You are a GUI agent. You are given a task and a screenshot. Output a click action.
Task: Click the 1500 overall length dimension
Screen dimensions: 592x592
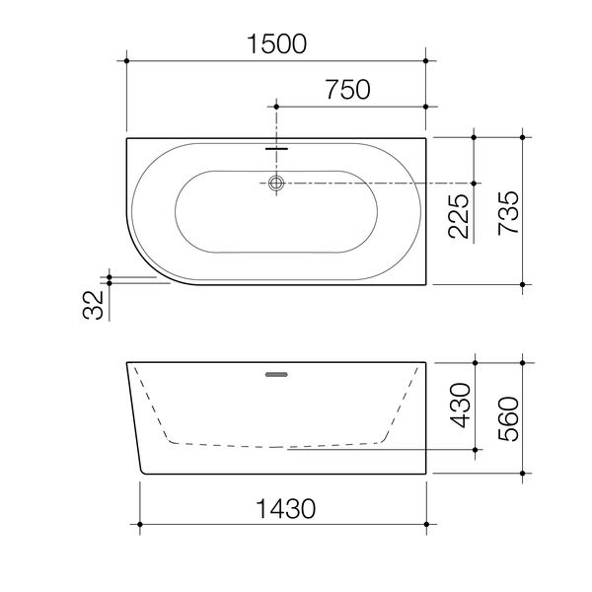pos(277,42)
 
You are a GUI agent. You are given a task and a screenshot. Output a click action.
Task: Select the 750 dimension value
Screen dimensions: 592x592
pos(345,90)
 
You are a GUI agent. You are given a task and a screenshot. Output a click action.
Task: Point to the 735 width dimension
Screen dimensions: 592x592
pos(507,209)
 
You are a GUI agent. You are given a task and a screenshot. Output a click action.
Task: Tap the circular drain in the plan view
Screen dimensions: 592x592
pos(277,183)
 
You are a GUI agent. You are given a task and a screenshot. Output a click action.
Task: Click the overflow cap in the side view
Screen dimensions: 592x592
pos(277,374)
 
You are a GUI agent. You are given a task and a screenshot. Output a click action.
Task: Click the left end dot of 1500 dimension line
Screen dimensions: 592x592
pos(127,61)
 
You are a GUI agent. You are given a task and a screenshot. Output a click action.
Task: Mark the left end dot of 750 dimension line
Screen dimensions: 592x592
pos(277,106)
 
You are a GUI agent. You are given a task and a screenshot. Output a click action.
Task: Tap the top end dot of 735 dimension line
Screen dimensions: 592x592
pos(523,137)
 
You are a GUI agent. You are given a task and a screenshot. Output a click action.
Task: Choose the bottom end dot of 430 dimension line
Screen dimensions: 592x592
pos(476,449)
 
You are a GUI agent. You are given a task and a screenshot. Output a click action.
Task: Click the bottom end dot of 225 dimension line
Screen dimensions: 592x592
pos(476,183)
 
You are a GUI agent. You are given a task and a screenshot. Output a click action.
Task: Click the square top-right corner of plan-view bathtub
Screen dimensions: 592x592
pos(425,138)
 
